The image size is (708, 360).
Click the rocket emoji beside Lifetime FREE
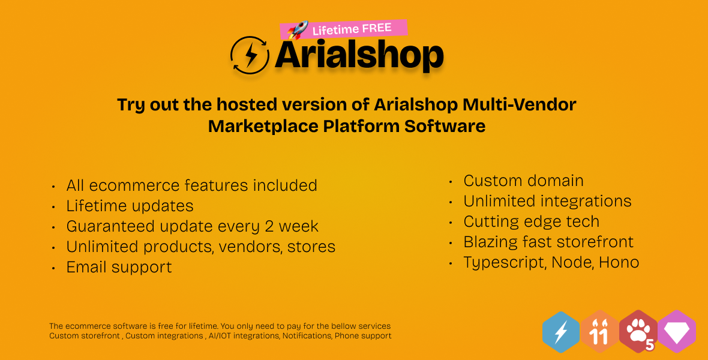298,31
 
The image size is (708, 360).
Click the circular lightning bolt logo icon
250,56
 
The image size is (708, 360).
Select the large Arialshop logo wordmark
359,56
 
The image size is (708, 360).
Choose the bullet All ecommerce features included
191,185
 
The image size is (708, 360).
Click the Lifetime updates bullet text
130,206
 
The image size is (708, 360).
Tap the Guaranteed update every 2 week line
192,226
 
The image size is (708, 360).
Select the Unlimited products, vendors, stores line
200,247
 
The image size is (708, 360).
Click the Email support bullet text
119,267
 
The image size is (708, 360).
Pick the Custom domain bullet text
523,181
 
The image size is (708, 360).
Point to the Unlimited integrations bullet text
547,201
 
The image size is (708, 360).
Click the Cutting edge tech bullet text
531,221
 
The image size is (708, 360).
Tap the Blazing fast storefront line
548,242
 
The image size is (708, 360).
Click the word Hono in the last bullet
619,262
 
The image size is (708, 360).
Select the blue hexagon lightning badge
561,332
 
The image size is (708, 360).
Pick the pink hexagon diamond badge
677,332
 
